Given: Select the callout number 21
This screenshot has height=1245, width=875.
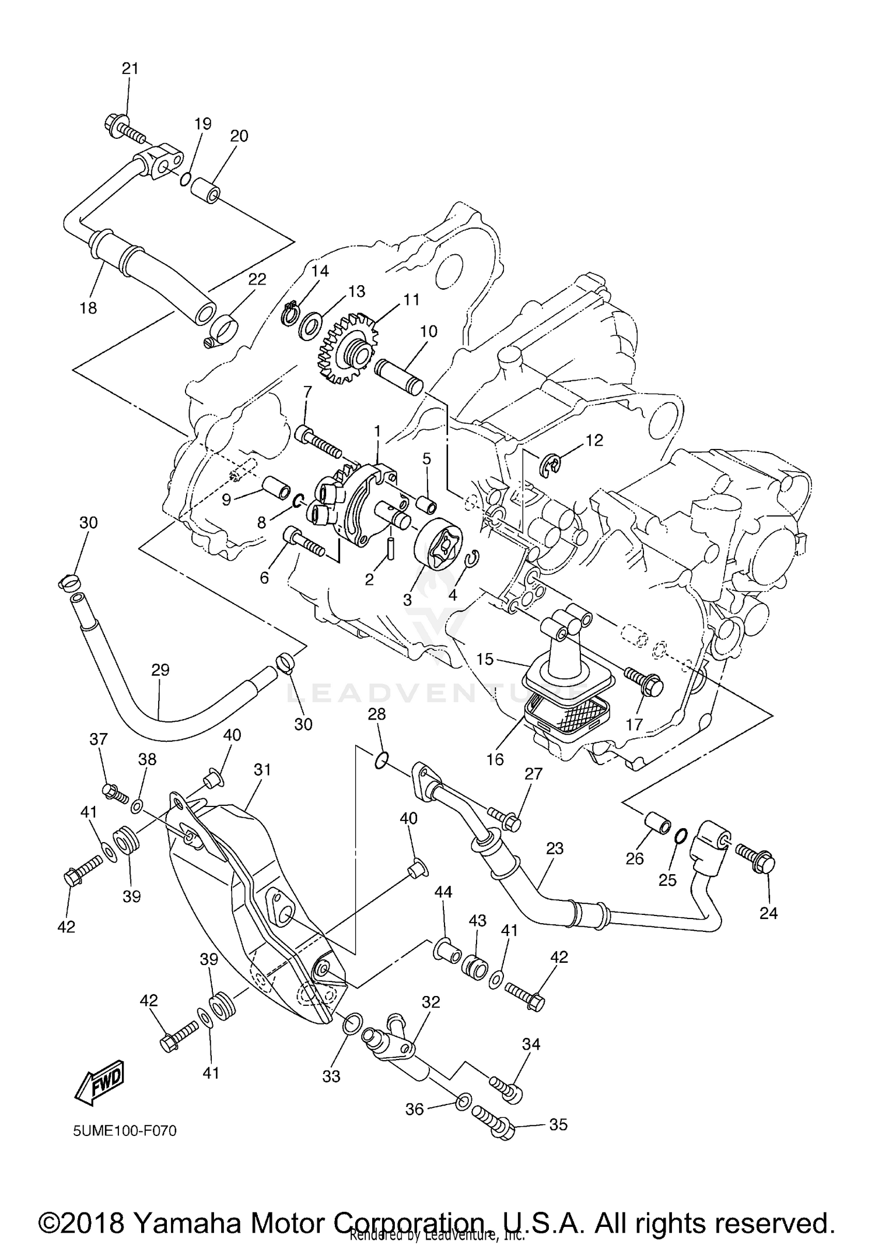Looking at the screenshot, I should coord(130,68).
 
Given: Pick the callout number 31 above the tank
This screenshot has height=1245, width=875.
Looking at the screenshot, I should coord(262,770).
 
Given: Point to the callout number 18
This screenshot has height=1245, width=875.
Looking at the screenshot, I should coord(88,308).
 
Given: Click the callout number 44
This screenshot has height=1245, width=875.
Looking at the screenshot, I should coord(443,892).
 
